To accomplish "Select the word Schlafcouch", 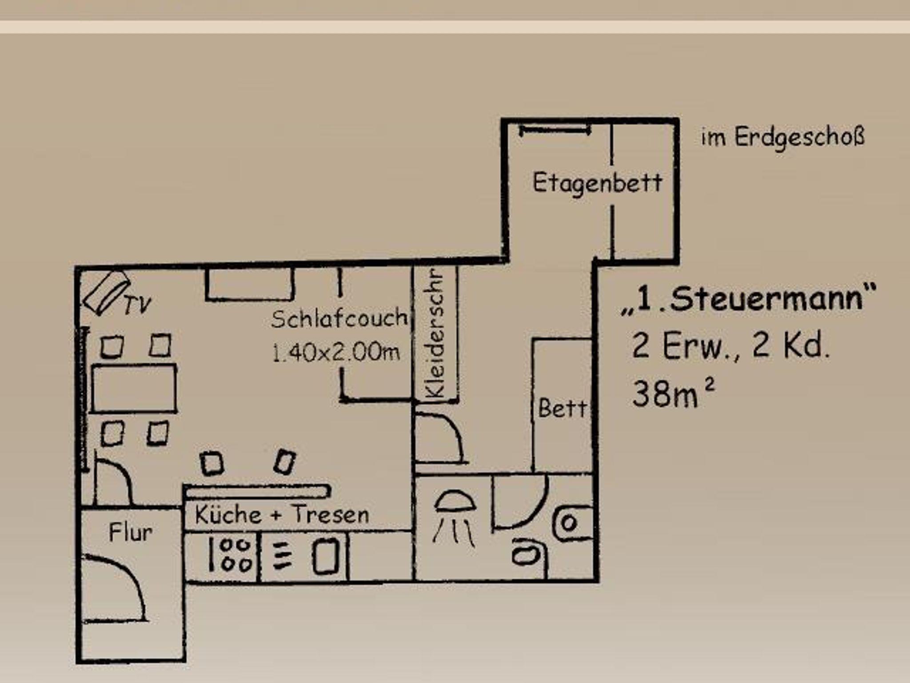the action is pyautogui.click(x=339, y=318).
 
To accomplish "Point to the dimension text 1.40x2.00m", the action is pyautogui.click(x=336, y=353).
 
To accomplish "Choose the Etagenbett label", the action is pyautogui.click(x=597, y=183).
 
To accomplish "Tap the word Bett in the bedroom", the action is pyautogui.click(x=562, y=408).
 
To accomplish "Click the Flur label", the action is pyautogui.click(x=131, y=532).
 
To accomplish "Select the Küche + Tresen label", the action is pyautogui.click(x=282, y=515).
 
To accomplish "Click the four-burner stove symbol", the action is pyautogui.click(x=231, y=555).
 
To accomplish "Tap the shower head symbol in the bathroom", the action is pyautogui.click(x=454, y=518).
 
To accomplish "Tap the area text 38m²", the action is pyautogui.click(x=674, y=393).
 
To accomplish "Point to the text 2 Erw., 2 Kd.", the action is pyautogui.click(x=730, y=346).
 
